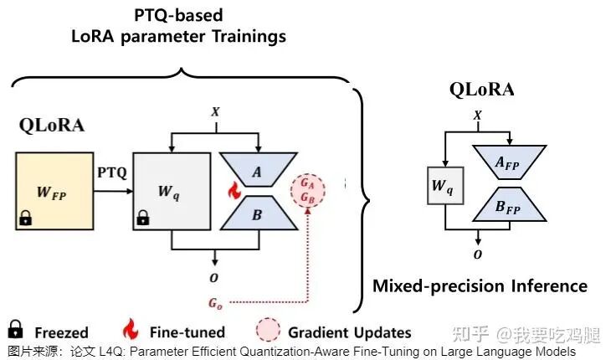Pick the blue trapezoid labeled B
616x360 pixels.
(257, 215)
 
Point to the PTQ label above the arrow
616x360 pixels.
(111, 173)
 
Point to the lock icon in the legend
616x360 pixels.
(15, 329)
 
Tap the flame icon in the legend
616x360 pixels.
(131, 329)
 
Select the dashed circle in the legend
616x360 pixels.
(269, 330)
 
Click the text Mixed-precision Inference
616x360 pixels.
(480, 286)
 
